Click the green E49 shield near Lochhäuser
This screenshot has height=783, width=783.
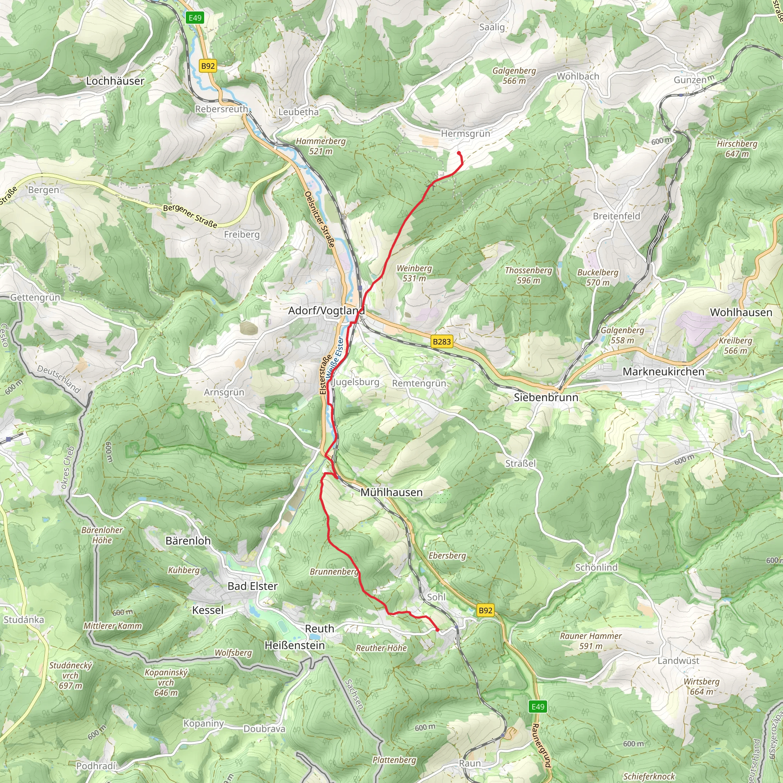195,18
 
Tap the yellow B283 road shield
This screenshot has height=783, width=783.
441,341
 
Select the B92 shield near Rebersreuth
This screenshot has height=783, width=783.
208,66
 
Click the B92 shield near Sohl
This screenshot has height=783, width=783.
485,610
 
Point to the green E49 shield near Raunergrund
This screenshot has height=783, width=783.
538,707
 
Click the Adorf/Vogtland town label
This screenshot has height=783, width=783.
326,311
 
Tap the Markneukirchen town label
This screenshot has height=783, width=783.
663,372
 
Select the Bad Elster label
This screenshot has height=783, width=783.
252,586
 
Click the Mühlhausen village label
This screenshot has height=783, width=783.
391,492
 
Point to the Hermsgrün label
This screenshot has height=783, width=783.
465,133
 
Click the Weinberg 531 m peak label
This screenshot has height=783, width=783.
414,273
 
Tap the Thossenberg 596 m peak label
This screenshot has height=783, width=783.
528,275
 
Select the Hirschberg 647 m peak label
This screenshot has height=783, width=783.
737,149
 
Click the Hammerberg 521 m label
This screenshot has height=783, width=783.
320,146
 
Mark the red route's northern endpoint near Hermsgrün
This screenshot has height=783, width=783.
459,153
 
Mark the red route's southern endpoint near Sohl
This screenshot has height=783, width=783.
438,630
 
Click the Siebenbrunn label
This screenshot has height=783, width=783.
546,397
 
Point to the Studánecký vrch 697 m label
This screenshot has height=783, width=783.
70,675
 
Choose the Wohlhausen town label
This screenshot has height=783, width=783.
741,312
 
